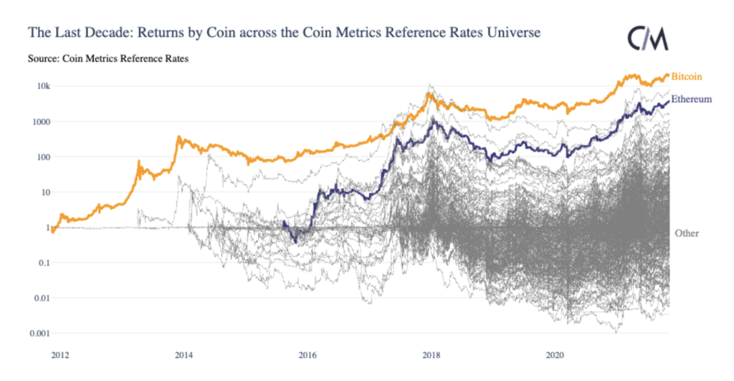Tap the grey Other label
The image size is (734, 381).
686,233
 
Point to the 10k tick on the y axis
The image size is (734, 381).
43,87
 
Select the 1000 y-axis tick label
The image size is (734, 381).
41,122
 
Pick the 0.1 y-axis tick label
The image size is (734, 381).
43,263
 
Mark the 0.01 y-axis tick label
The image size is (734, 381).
41,298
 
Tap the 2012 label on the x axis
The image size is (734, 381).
60,355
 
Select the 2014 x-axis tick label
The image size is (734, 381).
183,355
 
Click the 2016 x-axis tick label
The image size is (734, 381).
308,355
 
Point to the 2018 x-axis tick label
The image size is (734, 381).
431,355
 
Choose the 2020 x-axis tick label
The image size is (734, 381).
554,355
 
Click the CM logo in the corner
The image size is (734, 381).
647,39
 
